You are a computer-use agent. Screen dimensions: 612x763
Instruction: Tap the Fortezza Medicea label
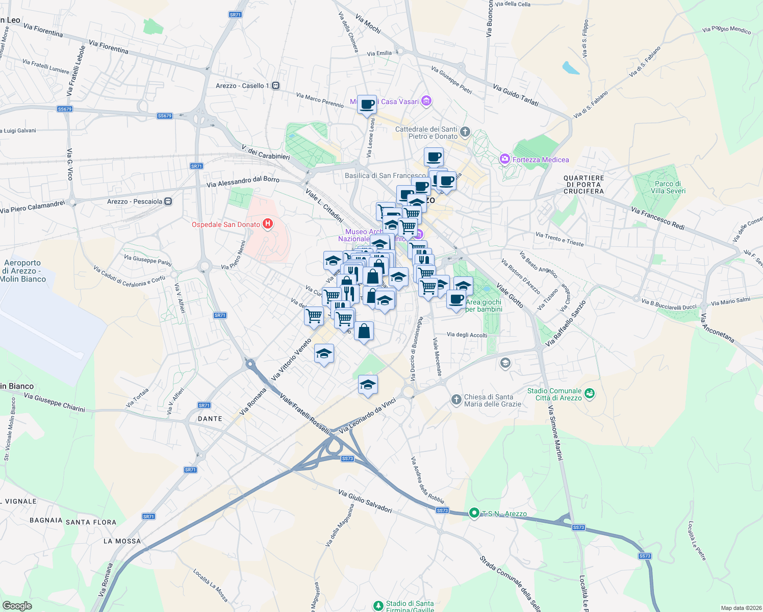click(541, 160)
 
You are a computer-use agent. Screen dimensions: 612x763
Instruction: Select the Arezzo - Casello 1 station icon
click(276, 86)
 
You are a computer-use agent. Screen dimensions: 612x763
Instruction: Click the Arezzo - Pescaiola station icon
click(168, 201)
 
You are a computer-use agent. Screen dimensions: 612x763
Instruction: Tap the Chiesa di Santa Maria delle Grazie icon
click(456, 399)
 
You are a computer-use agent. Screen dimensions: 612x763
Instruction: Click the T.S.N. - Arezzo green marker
click(474, 513)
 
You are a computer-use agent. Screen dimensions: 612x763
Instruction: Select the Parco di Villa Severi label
click(668, 187)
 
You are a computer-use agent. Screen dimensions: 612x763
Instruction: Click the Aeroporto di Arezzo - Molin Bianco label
click(22, 271)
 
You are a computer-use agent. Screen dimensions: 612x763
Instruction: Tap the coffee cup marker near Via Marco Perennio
click(367, 105)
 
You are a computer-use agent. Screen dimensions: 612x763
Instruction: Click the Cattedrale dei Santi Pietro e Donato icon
click(465, 133)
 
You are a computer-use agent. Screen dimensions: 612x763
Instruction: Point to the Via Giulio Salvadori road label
click(365, 501)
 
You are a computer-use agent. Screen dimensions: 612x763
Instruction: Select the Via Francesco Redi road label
click(657, 218)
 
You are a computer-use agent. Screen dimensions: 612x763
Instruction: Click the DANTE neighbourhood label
click(210, 419)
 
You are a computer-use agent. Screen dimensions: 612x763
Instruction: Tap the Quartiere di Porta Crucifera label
click(583, 185)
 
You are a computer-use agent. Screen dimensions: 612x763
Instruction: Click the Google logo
click(17, 606)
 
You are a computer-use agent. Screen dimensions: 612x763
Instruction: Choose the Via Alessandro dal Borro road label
click(243, 182)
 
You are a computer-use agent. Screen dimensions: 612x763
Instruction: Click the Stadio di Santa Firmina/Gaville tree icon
click(378, 605)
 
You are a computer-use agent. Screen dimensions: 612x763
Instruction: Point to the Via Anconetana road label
click(717, 328)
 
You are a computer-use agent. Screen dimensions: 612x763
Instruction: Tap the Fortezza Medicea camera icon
click(505, 159)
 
